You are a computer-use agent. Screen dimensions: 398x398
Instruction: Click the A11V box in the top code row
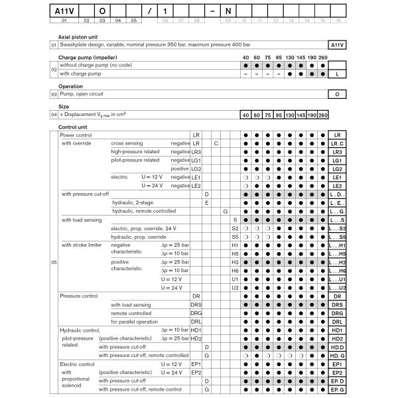[x=64, y=11]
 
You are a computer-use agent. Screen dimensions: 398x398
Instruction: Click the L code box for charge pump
[x=338, y=74]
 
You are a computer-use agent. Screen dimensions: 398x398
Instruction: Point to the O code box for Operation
[x=338, y=95]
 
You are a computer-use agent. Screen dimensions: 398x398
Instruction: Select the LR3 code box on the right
[x=338, y=152]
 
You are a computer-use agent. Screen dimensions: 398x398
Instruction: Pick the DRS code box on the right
[x=338, y=304]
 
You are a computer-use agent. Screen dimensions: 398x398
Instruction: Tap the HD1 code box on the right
[x=338, y=330]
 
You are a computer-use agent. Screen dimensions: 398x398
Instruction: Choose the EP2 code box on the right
[x=338, y=373]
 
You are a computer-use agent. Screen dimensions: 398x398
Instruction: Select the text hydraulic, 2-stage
[x=133, y=202]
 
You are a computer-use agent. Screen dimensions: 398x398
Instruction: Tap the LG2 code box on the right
[x=338, y=168]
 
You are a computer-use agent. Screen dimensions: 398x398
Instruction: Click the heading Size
[x=64, y=105]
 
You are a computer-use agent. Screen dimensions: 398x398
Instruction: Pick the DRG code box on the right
[x=338, y=313]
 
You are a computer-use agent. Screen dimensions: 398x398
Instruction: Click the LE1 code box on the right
[x=338, y=177]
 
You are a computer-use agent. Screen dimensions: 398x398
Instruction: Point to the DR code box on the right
[x=338, y=296]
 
